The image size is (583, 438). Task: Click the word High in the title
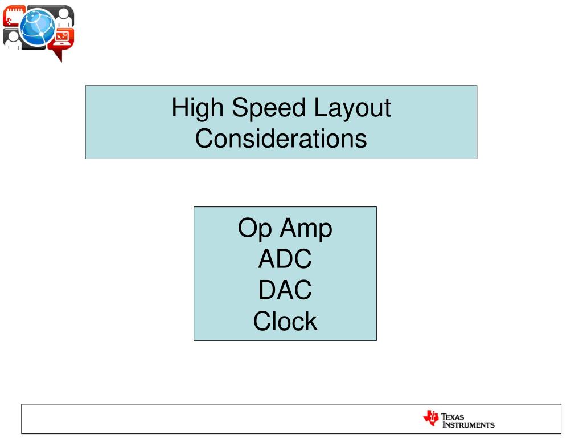[197, 108]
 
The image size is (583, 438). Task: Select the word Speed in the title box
[269, 108]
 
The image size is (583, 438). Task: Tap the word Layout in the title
[352, 108]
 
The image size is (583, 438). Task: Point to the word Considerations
[281, 139]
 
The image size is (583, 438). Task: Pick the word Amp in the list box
[306, 229]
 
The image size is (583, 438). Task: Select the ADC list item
[285, 259]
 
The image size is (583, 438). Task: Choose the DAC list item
[285, 290]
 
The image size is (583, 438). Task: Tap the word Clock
[285, 321]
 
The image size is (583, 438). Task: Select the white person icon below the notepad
[14, 40]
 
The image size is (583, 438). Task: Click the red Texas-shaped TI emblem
[431, 418]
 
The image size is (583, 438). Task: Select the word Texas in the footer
[453, 417]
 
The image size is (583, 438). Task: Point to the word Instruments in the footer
[469, 425]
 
